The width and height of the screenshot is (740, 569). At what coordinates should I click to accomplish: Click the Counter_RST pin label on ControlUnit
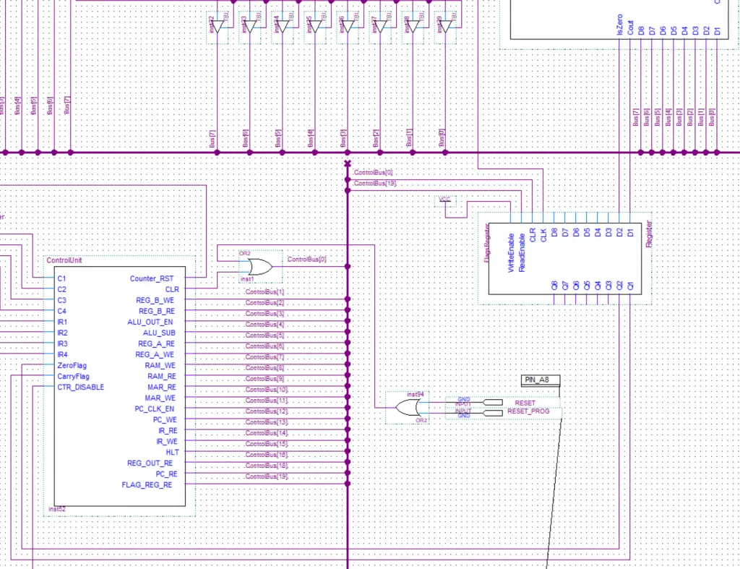pyautogui.click(x=152, y=278)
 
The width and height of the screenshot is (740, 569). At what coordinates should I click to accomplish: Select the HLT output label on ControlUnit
pyautogui.click(x=172, y=452)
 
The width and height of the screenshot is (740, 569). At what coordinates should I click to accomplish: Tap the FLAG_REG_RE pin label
pyautogui.click(x=147, y=485)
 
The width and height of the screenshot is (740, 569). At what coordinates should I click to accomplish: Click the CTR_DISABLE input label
pyautogui.click(x=80, y=387)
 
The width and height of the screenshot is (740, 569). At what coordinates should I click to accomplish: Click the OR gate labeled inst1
pyautogui.click(x=258, y=268)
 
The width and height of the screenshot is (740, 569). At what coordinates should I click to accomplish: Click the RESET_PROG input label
pyautogui.click(x=528, y=411)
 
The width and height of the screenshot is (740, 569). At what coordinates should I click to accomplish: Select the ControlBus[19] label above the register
pyautogui.click(x=374, y=184)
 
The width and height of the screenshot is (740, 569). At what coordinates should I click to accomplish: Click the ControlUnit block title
pyautogui.click(x=64, y=260)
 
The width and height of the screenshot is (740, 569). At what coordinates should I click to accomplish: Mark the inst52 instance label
pyautogui.click(x=58, y=510)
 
